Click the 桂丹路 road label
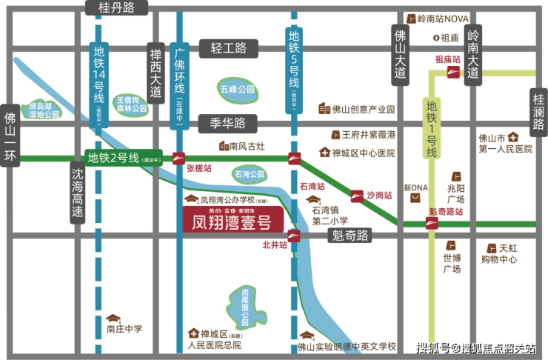pyautogui.click(x=117, y=9)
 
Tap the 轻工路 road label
pyautogui.click(x=227, y=48)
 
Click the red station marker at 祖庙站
pyautogui.click(x=452, y=72)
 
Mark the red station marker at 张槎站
pyautogui.click(x=178, y=157)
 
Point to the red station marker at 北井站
pyautogui.click(x=294, y=236)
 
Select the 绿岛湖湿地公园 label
pyautogui.click(x=43, y=110)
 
